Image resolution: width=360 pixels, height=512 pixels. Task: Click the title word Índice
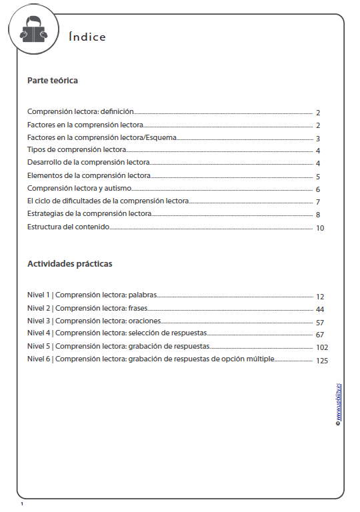[87, 37]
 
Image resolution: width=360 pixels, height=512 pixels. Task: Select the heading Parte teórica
[53, 81]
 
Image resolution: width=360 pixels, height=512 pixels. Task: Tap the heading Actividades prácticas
[69, 263]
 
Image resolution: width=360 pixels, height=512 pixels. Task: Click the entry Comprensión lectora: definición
[81, 112]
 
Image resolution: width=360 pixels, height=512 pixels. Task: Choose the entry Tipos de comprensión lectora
[77, 150]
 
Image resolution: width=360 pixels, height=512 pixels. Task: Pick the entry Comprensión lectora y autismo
[79, 189]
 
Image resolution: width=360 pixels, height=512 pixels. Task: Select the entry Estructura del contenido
[68, 227]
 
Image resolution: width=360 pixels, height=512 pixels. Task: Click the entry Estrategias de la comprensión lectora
[89, 214]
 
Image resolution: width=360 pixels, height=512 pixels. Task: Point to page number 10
[320, 229]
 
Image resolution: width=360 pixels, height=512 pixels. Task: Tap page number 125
[322, 361]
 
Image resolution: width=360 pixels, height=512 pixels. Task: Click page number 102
[322, 347]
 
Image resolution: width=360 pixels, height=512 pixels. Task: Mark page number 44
[320, 309]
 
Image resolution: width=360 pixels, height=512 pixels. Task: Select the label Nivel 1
[39, 295]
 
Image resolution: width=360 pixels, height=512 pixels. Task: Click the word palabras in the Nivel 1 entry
[141, 295]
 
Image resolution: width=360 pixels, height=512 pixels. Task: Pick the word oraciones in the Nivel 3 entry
[144, 321]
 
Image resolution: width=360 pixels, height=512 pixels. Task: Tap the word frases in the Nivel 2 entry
[137, 308]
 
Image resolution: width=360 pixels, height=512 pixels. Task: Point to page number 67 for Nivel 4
[320, 335]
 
